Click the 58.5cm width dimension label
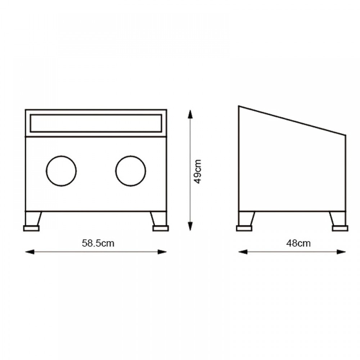(98, 243)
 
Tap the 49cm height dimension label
(197, 171)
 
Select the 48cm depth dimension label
(298, 243)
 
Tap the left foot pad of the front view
(31, 228)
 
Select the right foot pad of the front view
(161, 228)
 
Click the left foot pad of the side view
(244, 228)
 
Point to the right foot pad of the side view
(340, 228)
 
